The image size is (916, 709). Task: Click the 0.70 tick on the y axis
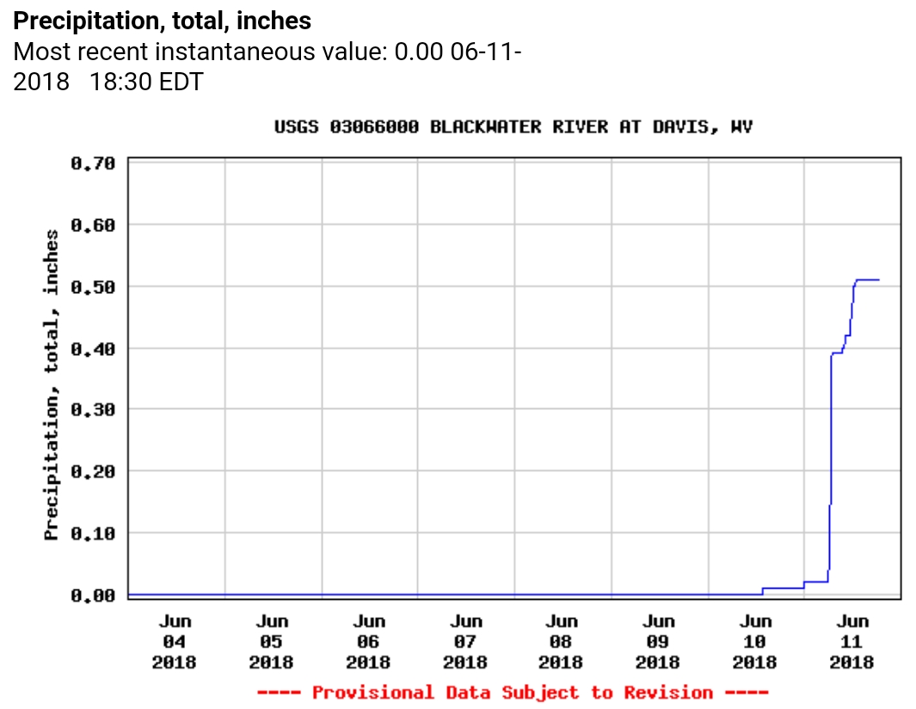point(92,163)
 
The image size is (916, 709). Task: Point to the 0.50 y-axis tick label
point(92,286)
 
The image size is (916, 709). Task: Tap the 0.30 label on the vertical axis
point(92,410)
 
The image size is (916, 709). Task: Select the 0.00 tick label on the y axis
point(92,595)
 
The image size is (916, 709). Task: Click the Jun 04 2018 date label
point(175,641)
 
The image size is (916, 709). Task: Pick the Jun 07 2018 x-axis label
point(465,641)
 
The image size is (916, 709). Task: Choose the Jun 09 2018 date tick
point(658,641)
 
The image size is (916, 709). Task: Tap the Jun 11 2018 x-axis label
point(852,641)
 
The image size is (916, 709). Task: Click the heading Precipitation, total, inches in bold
point(163,21)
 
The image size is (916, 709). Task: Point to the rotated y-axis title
point(52,385)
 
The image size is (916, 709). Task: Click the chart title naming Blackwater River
point(513,127)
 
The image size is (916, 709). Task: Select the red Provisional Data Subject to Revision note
point(513,693)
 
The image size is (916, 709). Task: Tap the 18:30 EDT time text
point(147,83)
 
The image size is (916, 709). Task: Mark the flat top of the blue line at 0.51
point(867,279)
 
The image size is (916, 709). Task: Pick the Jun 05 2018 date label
point(272,641)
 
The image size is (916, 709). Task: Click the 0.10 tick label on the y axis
point(92,533)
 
